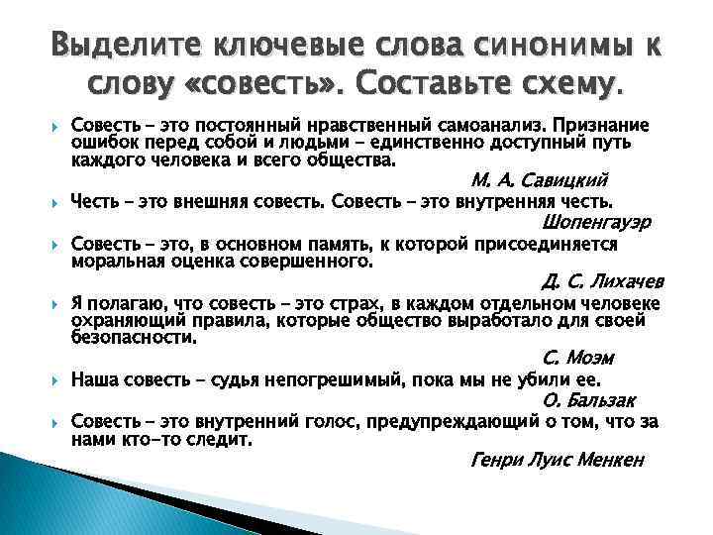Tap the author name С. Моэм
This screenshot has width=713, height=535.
point(579,358)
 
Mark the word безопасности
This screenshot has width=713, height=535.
point(133,337)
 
